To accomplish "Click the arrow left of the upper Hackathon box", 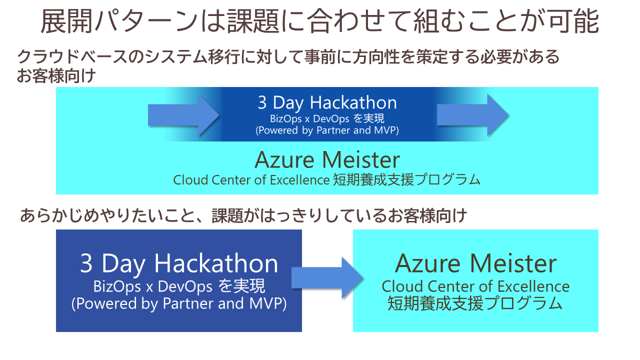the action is pyautogui.click(x=183, y=115).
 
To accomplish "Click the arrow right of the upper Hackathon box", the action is pyautogui.click(x=473, y=115).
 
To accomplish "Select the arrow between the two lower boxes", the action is pyautogui.click(x=327, y=277).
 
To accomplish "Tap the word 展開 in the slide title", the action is pyautogui.click(x=66, y=21).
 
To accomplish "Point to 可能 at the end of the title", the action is pyautogui.click(x=573, y=21).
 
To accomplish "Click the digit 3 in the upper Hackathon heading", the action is pyautogui.click(x=262, y=102).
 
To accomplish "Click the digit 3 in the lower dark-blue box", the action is pyautogui.click(x=86, y=263).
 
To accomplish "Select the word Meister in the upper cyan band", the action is pyautogui.click(x=361, y=160).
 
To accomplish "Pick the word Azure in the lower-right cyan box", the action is pyautogui.click(x=428, y=263).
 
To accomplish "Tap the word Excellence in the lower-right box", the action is pyautogui.click(x=533, y=286).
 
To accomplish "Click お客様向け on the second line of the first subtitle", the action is pyautogui.click(x=56, y=75).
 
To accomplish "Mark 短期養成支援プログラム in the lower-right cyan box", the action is pyautogui.click(x=475, y=303).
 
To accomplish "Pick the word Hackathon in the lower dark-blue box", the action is pyautogui.click(x=216, y=263).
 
